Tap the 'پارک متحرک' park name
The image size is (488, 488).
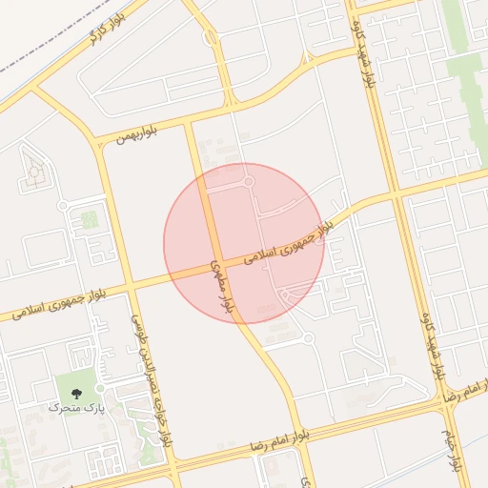(76, 408)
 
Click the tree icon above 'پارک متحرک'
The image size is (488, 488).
(77, 391)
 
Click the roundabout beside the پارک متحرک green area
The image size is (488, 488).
(100, 388)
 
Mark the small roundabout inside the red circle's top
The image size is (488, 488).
(249, 180)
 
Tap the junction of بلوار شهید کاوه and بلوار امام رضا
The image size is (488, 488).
(442, 402)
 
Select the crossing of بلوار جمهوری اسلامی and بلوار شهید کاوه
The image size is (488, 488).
(392, 194)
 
